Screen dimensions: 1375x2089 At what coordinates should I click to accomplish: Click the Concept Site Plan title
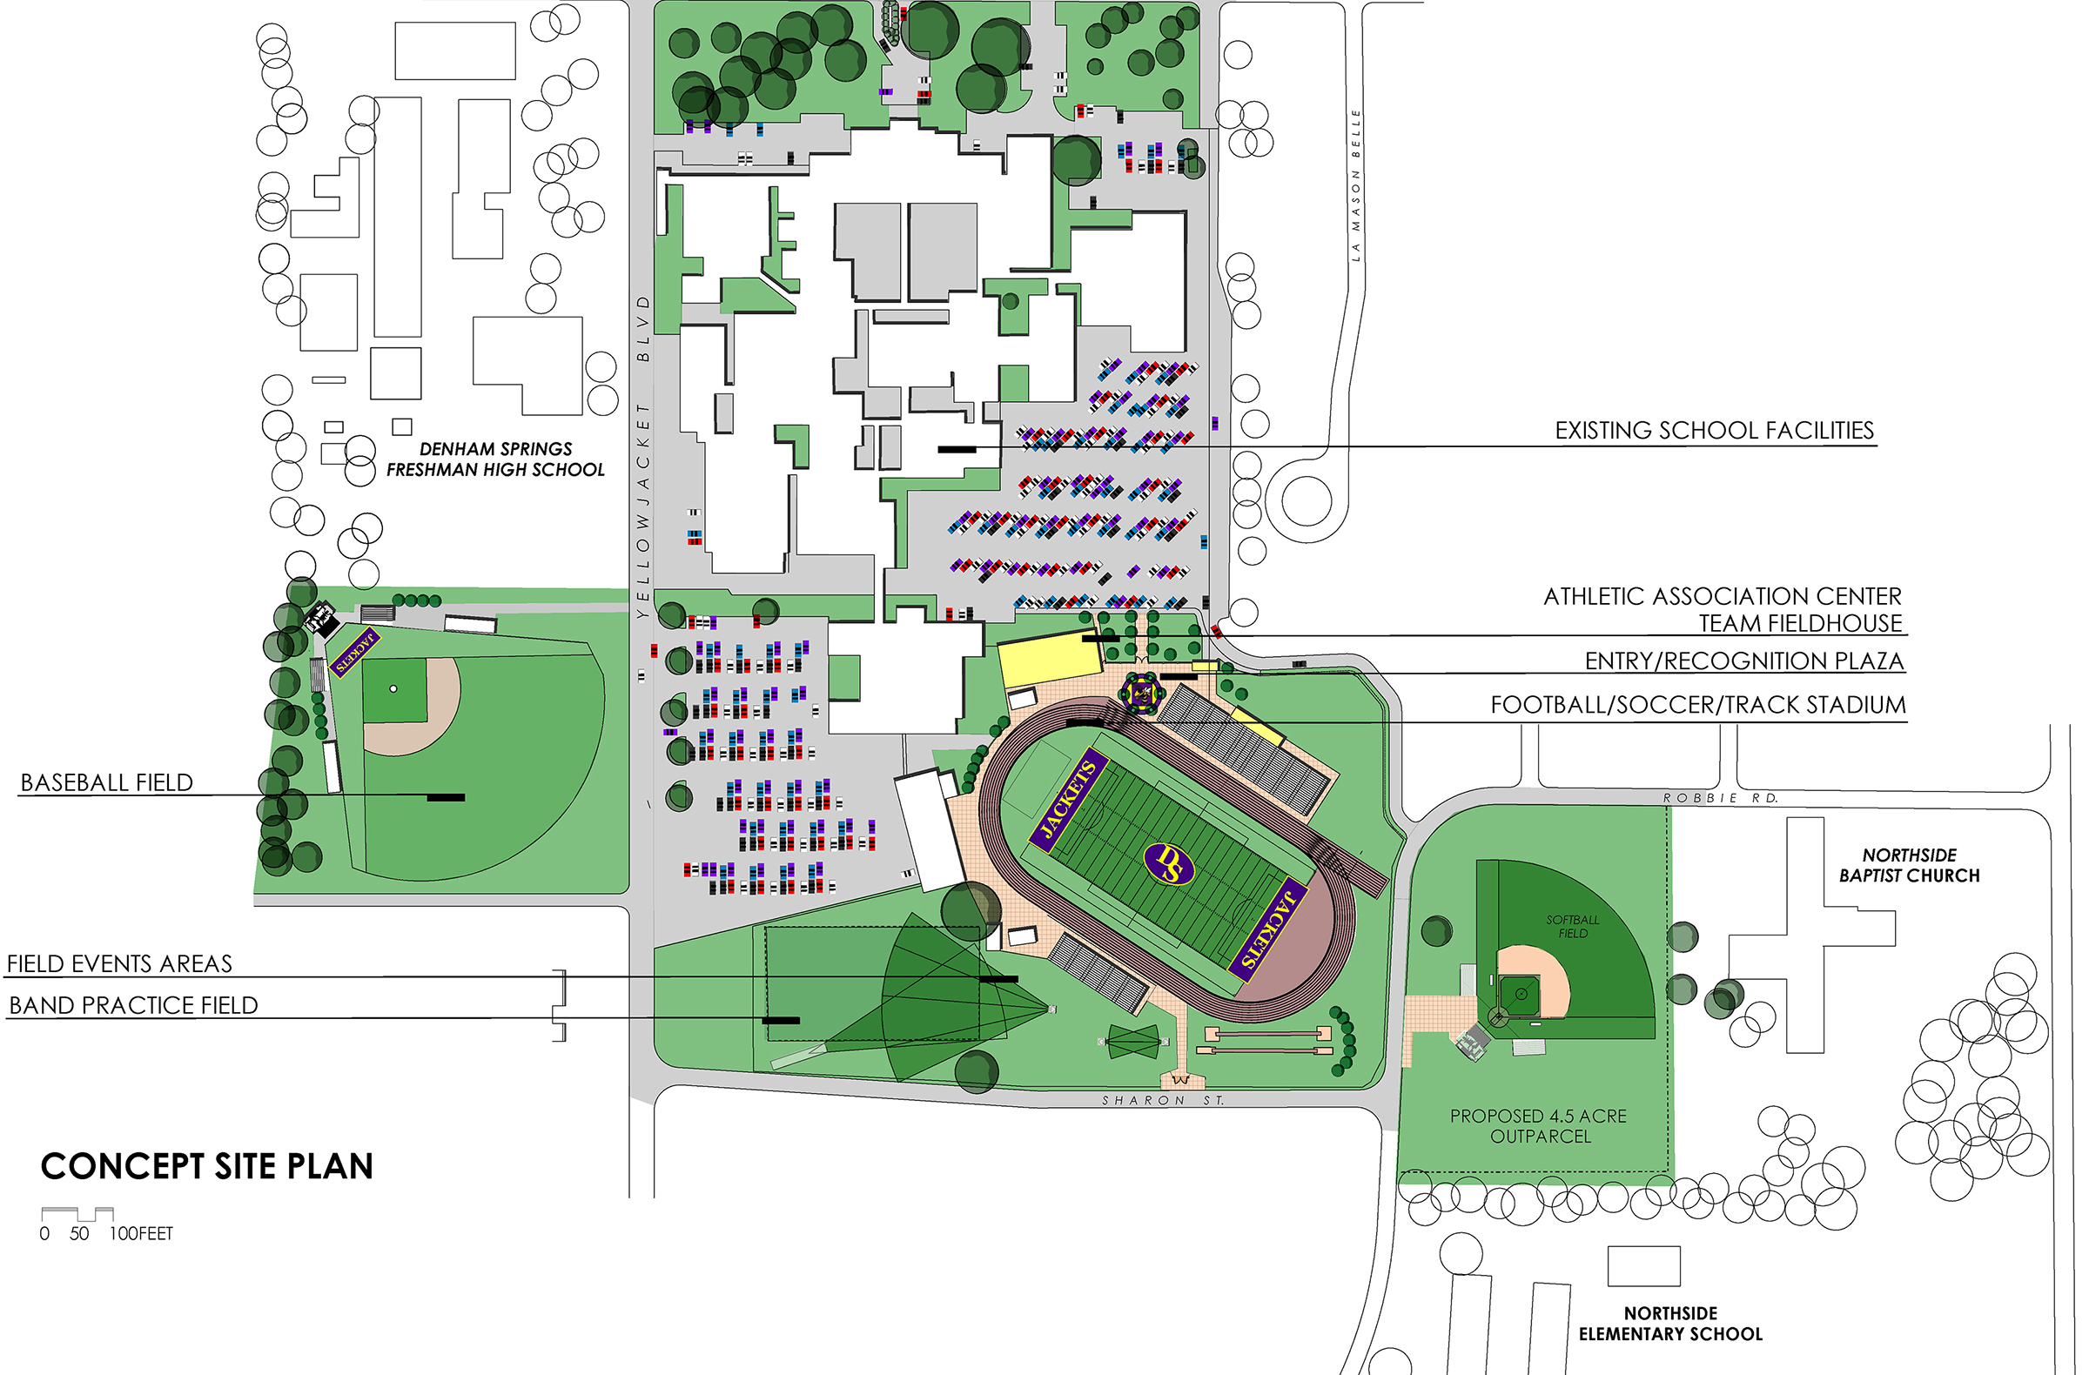[x=207, y=1167]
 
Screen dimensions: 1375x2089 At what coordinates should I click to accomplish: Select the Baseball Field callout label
[x=106, y=782]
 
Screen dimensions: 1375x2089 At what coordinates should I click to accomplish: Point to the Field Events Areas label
[x=119, y=964]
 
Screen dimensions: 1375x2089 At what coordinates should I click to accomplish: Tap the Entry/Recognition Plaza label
[x=1744, y=661]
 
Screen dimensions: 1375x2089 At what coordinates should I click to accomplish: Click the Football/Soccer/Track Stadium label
[x=1697, y=706]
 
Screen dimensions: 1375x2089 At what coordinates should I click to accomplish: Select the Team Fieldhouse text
[x=1800, y=624]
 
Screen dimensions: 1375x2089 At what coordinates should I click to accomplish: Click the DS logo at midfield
[x=1170, y=863]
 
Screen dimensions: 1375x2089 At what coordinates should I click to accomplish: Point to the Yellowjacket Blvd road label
[x=643, y=456]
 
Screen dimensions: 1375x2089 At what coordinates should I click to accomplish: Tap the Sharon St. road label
[x=1162, y=1100]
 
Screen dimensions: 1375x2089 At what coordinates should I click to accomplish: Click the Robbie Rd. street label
[x=1719, y=799]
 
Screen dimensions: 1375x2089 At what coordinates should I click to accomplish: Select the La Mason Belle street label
[x=1355, y=185]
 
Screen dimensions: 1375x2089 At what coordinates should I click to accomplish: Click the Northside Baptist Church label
[x=1909, y=865]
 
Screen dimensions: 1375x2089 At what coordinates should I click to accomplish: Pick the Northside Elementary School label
[x=1670, y=1324]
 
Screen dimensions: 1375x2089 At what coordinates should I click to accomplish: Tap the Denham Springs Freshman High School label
[x=496, y=459]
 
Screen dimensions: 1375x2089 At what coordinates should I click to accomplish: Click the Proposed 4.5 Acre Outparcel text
[x=1538, y=1126]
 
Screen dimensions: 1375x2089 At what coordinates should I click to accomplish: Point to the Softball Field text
[x=1572, y=927]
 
